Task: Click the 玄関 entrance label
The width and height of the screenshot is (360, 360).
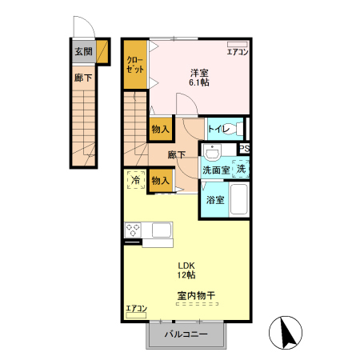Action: pos(83,51)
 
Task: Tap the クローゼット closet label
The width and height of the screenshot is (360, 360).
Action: pos(135,65)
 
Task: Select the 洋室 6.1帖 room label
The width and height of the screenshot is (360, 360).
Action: pos(199,78)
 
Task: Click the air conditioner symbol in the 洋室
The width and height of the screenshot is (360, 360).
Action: pos(238,44)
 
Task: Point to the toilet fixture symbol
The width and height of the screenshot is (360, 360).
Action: pos(236,129)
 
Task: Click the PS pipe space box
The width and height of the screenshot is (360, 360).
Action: pos(244,148)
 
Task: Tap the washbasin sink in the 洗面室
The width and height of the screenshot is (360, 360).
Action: pos(212,153)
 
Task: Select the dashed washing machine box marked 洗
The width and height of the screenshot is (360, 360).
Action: pos(241,169)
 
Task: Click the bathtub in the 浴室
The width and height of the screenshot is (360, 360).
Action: pos(239,199)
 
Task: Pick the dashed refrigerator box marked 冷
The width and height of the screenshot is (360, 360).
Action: pos(136,180)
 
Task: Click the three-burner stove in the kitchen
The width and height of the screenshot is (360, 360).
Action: pos(133,230)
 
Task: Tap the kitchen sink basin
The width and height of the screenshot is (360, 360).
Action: pos(162,230)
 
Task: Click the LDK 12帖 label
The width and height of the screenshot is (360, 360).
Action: pos(186,270)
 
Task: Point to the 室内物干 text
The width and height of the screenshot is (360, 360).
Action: pos(196,295)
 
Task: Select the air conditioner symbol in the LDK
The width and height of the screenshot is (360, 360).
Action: pos(136,315)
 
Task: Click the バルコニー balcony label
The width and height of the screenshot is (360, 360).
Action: pos(186,334)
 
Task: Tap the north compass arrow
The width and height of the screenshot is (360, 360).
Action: pos(286,333)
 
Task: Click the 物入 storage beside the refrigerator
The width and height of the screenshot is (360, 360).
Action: pos(160,181)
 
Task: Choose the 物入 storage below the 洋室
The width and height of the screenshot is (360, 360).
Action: pos(160,129)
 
